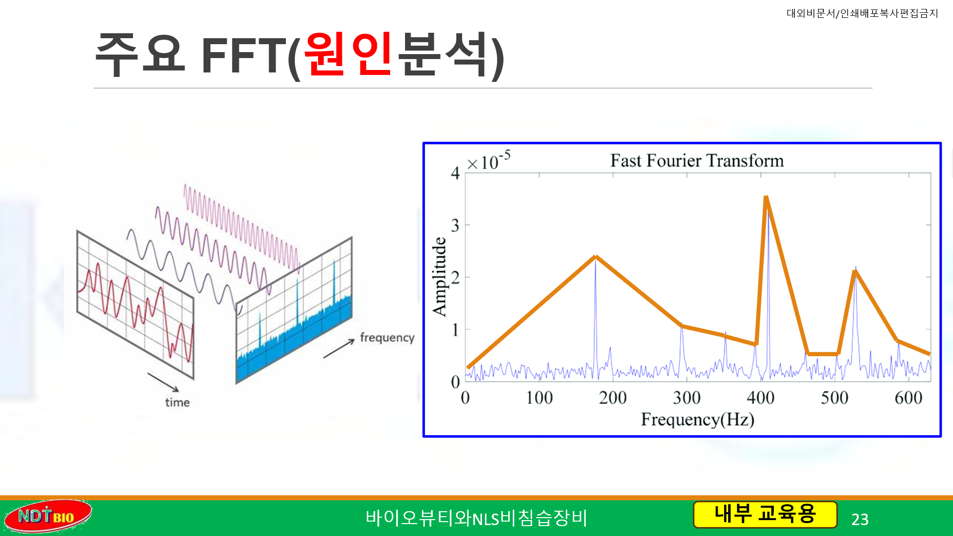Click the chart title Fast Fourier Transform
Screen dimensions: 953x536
pyautogui.click(x=697, y=161)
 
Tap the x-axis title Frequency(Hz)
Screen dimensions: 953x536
pyautogui.click(x=697, y=420)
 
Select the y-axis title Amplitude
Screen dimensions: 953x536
pyautogui.click(x=439, y=276)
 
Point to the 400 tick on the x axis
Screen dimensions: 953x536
pyautogui.click(x=760, y=398)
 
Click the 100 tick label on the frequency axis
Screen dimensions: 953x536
pyautogui.click(x=539, y=398)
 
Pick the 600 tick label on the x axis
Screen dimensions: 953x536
pyautogui.click(x=908, y=398)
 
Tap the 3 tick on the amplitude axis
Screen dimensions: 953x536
pyautogui.click(x=455, y=225)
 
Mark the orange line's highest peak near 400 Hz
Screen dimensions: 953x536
pyautogui.click(x=766, y=198)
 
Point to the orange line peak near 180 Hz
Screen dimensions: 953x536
pyautogui.click(x=596, y=257)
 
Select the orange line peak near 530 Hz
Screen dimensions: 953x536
pyautogui.click(x=855, y=271)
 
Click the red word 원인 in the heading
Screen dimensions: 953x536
pyautogui.click(x=349, y=54)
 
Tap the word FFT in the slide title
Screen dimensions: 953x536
pyautogui.click(x=244, y=55)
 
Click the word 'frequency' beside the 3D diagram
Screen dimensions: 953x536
pyautogui.click(x=387, y=337)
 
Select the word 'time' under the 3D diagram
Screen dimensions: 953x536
pyautogui.click(x=177, y=402)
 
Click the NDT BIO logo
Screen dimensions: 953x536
pyautogui.click(x=48, y=516)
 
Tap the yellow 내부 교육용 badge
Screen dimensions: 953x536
pyautogui.click(x=765, y=514)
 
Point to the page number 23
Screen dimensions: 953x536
pyautogui.click(x=860, y=520)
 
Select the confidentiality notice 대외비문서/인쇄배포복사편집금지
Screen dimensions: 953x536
pyautogui.click(x=862, y=13)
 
